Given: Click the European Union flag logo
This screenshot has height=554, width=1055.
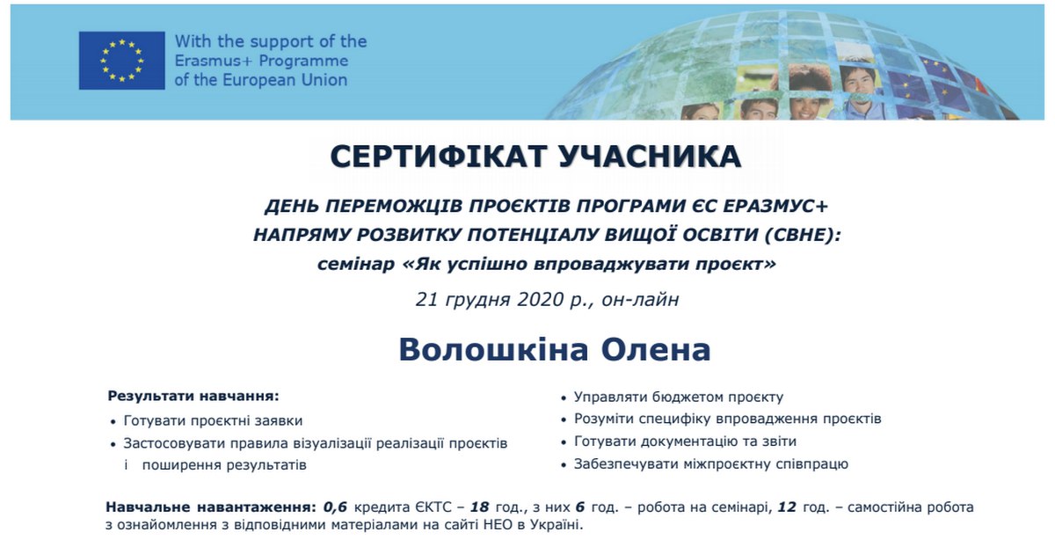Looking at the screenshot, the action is [122, 61].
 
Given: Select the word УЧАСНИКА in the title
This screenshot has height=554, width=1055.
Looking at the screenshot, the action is [650, 157].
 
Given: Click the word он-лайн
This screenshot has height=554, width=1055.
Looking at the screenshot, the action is [640, 300].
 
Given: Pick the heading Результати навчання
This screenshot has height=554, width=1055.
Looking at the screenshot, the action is [193, 396].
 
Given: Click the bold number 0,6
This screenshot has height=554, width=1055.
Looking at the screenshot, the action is [335, 507].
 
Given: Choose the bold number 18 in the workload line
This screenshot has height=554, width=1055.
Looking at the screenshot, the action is [479, 507].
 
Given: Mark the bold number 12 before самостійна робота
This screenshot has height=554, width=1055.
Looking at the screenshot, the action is [787, 507].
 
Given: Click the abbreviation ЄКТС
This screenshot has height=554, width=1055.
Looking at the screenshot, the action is [434, 507].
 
